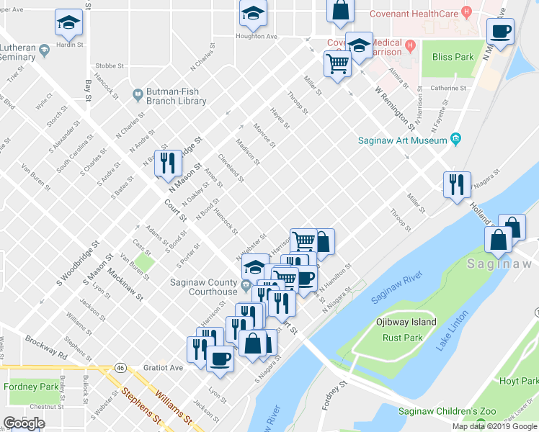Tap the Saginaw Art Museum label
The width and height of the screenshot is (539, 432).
click(x=403, y=141)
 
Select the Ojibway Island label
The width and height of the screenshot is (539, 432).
click(x=406, y=322)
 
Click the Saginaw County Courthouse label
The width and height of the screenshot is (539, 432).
click(x=203, y=287)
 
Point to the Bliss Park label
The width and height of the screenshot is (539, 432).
click(x=453, y=57)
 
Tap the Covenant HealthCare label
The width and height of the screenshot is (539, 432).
click(x=414, y=13)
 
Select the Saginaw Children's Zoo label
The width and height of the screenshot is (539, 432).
click(x=447, y=411)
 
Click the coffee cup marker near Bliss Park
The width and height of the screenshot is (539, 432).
click(x=500, y=32)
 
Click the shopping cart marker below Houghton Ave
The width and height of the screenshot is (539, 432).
click(x=338, y=65)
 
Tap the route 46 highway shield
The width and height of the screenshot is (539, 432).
click(x=120, y=367)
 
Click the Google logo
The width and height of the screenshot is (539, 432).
click(x=24, y=423)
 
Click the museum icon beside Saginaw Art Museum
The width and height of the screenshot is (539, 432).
click(x=455, y=138)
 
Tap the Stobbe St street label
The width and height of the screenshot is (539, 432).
click(x=110, y=64)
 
